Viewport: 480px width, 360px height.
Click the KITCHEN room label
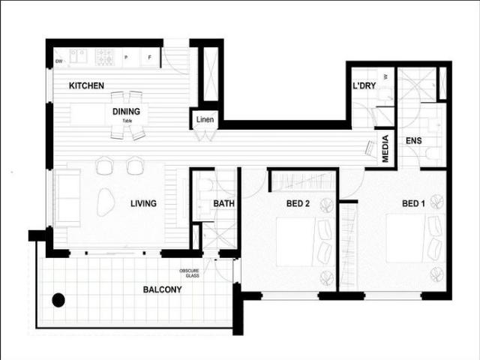point(86,86)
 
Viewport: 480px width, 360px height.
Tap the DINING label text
point(127,112)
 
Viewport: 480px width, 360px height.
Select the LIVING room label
point(143,203)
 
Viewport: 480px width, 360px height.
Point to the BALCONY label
point(163,289)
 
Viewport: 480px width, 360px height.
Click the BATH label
point(224,203)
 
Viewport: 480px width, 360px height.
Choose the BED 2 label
point(298,203)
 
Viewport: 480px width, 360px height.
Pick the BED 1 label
point(413,203)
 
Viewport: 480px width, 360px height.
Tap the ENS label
point(412,140)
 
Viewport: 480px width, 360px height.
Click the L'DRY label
point(364,86)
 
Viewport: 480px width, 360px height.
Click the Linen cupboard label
point(205,120)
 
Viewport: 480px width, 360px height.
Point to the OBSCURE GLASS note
point(189,273)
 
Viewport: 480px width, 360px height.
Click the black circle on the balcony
point(58,301)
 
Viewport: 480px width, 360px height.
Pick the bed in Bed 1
point(411,238)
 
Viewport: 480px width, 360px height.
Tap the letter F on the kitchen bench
point(149,57)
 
